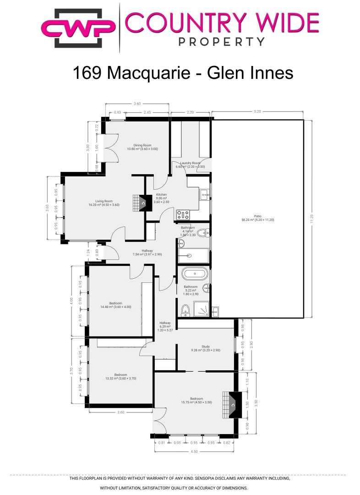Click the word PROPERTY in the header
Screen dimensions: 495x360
(x=221, y=42)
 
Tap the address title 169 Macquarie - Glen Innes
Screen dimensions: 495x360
(x=183, y=72)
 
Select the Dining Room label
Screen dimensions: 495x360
(x=142, y=147)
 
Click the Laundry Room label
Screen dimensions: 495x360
(x=188, y=165)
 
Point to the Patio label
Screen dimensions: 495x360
(x=257, y=217)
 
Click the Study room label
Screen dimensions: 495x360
(x=205, y=348)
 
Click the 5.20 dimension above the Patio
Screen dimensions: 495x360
(x=257, y=111)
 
